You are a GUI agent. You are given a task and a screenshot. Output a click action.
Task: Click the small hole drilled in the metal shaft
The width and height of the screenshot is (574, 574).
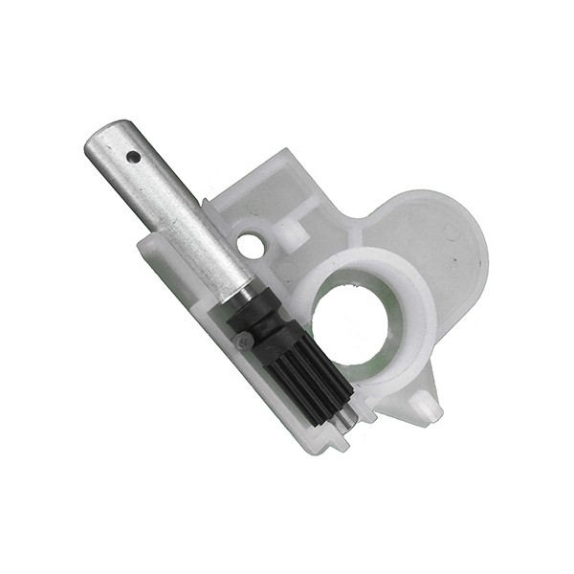pyautogui.click(x=133, y=156)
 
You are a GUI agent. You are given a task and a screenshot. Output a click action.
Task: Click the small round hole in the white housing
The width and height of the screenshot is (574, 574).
pyautogui.click(x=251, y=245)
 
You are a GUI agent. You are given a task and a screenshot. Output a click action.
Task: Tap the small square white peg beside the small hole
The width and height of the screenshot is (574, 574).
pyautogui.click(x=291, y=231)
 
